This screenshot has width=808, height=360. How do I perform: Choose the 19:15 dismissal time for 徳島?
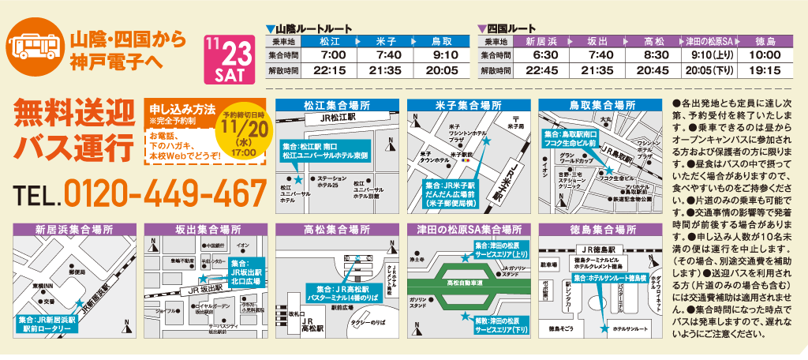coord(764,69)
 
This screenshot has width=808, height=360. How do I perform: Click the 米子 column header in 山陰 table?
coord(387,40)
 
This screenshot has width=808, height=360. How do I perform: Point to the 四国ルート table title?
coord(511,28)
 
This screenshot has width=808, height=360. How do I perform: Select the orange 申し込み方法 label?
coord(183,111)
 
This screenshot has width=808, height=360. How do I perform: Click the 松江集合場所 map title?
coord(337,106)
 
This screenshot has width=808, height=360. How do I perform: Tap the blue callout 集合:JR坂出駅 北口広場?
coord(239,268)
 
